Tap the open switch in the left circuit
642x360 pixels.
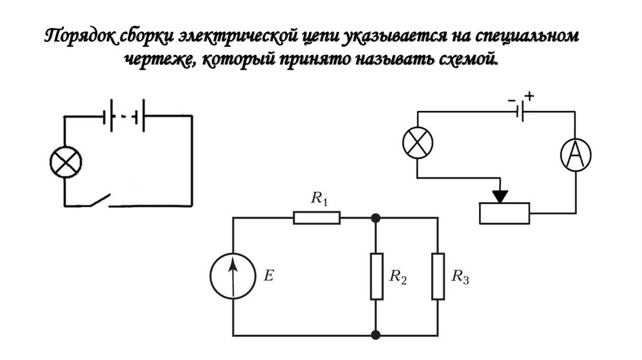pyautogui.click(x=99, y=201)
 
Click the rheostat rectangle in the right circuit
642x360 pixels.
pyautogui.click(x=504, y=214)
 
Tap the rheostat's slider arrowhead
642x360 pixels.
pyautogui.click(x=500, y=196)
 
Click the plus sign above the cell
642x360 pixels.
pyautogui.click(x=530, y=96)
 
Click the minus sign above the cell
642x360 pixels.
pyautogui.click(x=512, y=98)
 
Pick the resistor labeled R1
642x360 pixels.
pyautogui.click(x=317, y=218)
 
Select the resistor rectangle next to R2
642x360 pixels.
pyautogui.click(x=376, y=276)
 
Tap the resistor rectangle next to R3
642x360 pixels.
pyautogui.click(x=438, y=276)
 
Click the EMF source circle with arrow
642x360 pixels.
pyautogui.click(x=233, y=276)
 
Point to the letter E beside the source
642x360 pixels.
pyautogui.click(x=268, y=275)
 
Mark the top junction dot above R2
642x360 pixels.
pyautogui.click(x=376, y=218)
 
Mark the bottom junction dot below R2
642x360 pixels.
pyautogui.click(x=376, y=334)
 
